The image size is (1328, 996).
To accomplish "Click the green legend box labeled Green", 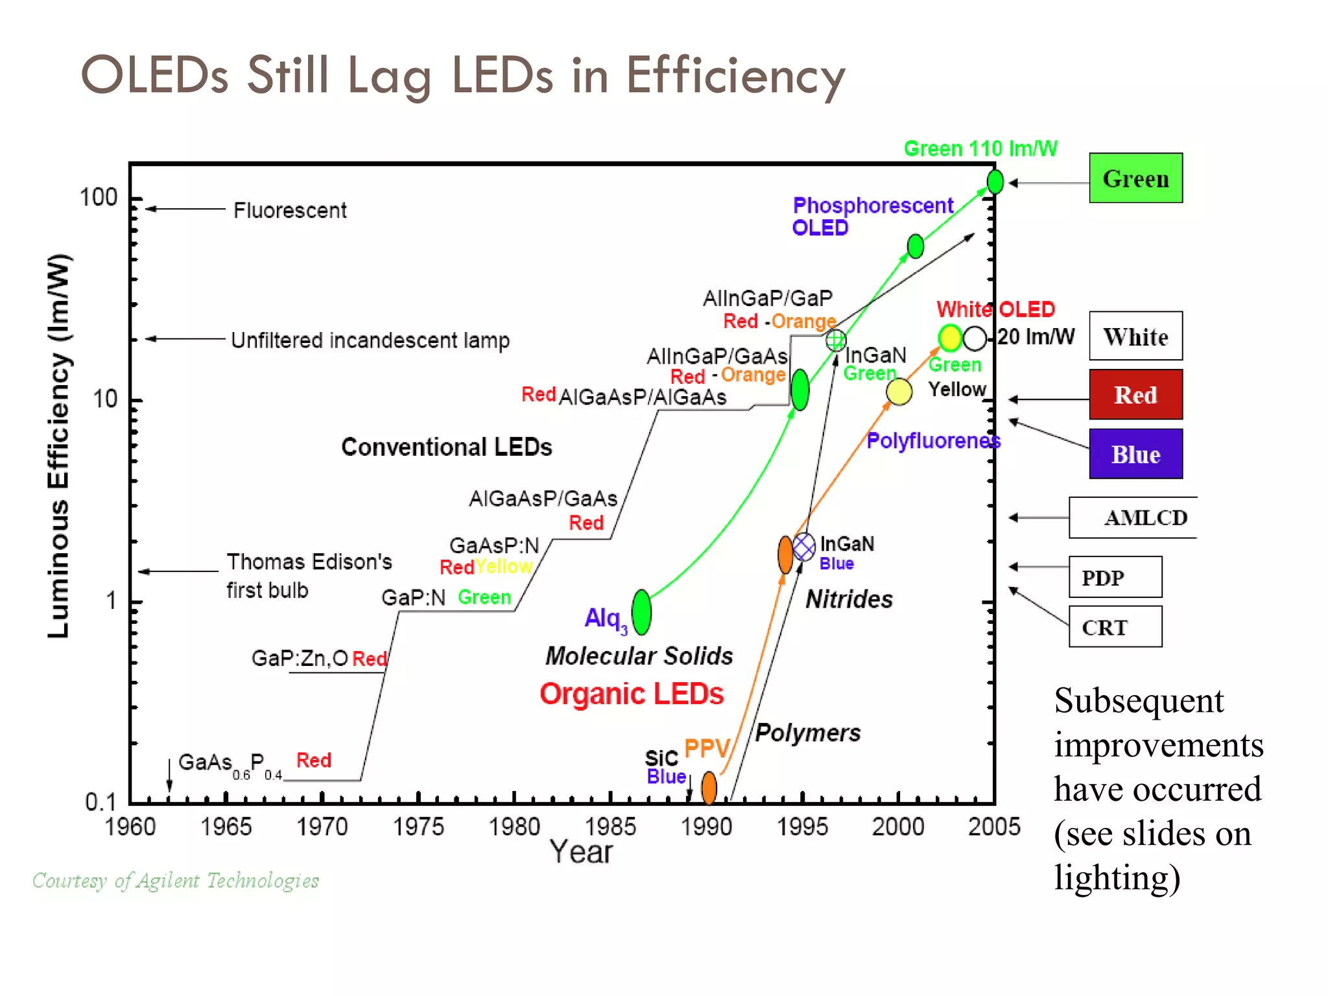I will [x=1135, y=178].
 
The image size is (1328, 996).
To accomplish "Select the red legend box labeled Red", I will [x=1135, y=394].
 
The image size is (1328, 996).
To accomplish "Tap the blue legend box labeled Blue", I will [x=1135, y=454].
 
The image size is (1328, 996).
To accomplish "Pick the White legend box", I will [x=1135, y=336].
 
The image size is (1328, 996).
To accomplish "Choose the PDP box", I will [x=1115, y=576].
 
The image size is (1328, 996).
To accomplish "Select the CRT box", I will [x=1115, y=626].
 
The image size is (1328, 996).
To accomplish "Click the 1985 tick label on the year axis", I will [x=610, y=827].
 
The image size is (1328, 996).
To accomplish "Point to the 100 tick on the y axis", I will [x=99, y=197].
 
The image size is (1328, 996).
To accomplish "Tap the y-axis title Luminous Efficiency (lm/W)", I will [x=58, y=446].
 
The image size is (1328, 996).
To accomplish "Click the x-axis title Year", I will [x=581, y=852].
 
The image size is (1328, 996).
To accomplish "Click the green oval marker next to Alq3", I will [x=641, y=612].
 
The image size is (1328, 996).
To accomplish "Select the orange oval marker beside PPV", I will [x=709, y=787].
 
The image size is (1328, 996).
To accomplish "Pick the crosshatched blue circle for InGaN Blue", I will [x=804, y=547].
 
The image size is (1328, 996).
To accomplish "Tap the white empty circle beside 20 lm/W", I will [x=975, y=338].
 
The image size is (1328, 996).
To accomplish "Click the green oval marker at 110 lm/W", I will [x=995, y=182].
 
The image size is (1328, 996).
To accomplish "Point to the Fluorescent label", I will [x=290, y=210].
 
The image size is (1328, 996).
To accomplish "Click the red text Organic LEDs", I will [x=631, y=694].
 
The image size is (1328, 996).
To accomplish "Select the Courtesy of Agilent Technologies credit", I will [x=176, y=881].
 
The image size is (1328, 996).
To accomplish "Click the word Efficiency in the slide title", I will [x=735, y=76].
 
